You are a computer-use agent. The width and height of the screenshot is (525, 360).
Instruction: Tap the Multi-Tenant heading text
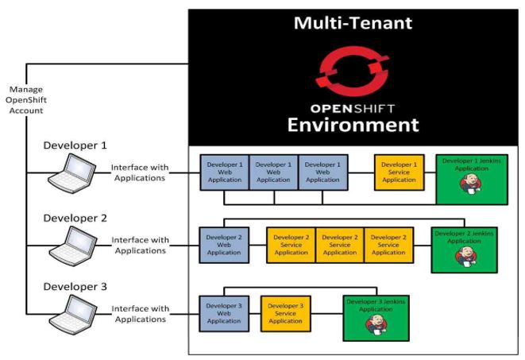[x=353, y=22]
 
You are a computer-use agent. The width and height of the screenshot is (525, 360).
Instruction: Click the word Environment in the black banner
[x=353, y=125]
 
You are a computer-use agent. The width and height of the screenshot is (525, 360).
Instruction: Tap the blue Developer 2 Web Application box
[x=223, y=246]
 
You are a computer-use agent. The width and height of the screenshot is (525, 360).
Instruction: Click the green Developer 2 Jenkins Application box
[x=464, y=246]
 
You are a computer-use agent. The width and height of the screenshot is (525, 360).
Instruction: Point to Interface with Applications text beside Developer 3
[x=139, y=314]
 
